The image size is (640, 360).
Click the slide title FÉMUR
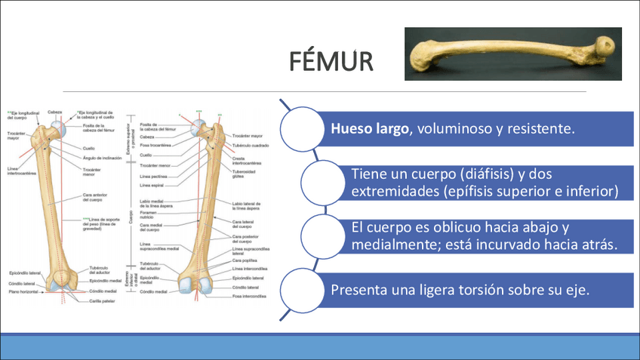click(x=330, y=61)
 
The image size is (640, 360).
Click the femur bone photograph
click(x=512, y=54)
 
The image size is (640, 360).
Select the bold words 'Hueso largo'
click(x=369, y=129)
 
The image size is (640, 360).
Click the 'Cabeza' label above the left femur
click(x=54, y=112)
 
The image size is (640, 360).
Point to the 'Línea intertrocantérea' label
click(x=22, y=171)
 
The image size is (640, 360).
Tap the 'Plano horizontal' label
click(x=23, y=291)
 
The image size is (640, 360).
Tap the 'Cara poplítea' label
click(x=242, y=260)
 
